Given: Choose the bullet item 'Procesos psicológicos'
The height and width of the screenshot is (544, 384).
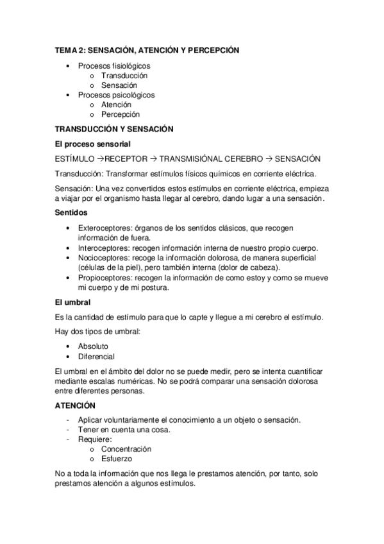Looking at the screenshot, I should pyautogui.click(x=116, y=94).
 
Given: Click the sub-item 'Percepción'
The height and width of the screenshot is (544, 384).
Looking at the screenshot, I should pyautogui.click(x=121, y=114).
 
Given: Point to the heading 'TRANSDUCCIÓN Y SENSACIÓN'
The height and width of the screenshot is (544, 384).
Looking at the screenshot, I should pyautogui.click(x=114, y=129).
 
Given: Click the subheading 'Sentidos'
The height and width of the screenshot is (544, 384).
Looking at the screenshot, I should pyautogui.click(x=71, y=212).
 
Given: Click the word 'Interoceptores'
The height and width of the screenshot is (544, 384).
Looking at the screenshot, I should pyautogui.click(x=103, y=248).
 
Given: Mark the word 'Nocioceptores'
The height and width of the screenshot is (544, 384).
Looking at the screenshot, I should pyautogui.click(x=104, y=257).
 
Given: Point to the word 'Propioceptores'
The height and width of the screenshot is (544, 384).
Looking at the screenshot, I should pyautogui.click(x=104, y=278).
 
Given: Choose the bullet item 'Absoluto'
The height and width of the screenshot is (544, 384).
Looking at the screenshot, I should pyautogui.click(x=93, y=346).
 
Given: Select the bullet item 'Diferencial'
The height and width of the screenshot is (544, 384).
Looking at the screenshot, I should pyautogui.click(x=96, y=356).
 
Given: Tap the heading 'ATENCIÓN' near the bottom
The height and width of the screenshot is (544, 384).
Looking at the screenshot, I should pyautogui.click(x=75, y=405).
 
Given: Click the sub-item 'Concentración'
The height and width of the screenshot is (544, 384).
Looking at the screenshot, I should pyautogui.click(x=126, y=449).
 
